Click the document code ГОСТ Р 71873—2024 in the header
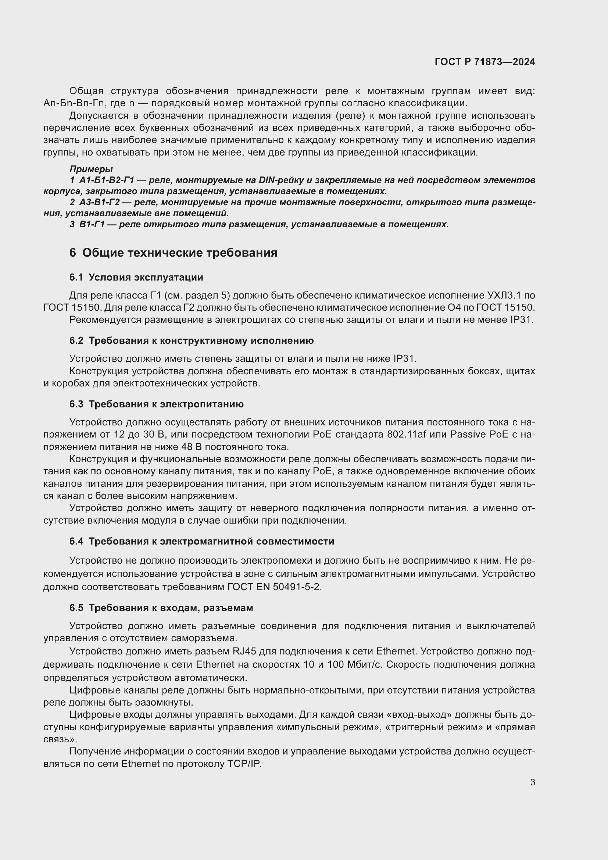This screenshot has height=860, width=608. click(x=484, y=62)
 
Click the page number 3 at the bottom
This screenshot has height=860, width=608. click(x=532, y=782)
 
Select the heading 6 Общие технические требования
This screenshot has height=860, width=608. click(x=174, y=253)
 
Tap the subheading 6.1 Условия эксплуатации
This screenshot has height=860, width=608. click(x=136, y=278)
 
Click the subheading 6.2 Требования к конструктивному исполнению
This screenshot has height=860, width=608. click(x=191, y=340)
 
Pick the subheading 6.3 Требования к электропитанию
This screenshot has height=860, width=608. click(x=157, y=404)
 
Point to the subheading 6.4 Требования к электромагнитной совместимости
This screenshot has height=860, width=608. click(x=202, y=541)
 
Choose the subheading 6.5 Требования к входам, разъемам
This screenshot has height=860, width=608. click(x=161, y=607)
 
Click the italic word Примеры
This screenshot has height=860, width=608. click(x=91, y=169)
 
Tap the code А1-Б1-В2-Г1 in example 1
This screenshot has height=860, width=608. click(x=106, y=181)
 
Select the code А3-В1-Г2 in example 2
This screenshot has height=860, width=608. click(x=99, y=203)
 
